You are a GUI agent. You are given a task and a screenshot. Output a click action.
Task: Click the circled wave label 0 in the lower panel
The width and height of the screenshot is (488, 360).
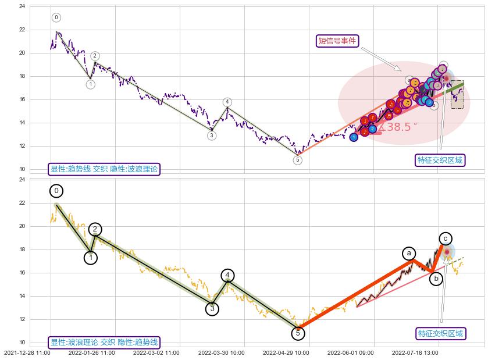tap(56, 191)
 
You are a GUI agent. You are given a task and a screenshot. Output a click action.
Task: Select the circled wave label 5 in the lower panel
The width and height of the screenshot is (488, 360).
tap(298, 333)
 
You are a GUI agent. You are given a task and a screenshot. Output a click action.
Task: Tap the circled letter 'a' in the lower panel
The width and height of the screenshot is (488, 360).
tap(409, 254)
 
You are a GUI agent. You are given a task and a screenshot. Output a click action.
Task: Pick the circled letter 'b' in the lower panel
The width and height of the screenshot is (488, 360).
tap(436, 279)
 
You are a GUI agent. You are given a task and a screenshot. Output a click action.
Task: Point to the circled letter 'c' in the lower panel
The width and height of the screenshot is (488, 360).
tap(446, 238)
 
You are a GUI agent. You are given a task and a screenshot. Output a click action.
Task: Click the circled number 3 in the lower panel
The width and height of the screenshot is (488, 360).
tap(212, 309)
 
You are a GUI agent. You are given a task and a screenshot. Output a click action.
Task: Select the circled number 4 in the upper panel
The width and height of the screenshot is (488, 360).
tap(227, 102)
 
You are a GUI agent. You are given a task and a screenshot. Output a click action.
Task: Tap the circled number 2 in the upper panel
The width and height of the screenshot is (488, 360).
tap(95, 56)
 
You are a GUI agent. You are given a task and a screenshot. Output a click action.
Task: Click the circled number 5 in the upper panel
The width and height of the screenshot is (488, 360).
tap(298, 160)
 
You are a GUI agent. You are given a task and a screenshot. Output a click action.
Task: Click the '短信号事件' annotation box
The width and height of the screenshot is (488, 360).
tap(337, 41)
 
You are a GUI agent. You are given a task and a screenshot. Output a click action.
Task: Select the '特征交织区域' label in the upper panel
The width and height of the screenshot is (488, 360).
tap(441, 160)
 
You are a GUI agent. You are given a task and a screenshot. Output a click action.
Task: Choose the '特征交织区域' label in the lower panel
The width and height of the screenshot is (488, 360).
tap(441, 333)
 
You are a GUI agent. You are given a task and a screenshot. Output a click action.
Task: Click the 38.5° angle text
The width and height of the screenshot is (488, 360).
tap(398, 127)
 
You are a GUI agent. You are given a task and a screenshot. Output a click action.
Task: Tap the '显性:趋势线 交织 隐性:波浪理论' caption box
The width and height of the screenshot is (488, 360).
tap(104, 169)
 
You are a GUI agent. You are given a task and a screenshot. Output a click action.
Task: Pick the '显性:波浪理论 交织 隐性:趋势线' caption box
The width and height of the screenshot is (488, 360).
tap(104, 343)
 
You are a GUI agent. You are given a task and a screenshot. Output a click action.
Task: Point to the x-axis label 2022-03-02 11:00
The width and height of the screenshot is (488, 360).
tap(156, 352)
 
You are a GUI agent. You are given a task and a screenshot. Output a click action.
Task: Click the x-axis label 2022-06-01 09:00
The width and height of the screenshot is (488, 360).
tap(351, 352)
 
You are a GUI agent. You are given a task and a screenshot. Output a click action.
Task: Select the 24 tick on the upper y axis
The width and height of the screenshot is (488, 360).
tap(22, 6)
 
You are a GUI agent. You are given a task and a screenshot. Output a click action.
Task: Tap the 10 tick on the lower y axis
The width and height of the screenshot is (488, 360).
tap(22, 343)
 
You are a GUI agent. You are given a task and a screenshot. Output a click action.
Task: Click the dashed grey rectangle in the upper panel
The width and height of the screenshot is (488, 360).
tap(457, 94)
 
